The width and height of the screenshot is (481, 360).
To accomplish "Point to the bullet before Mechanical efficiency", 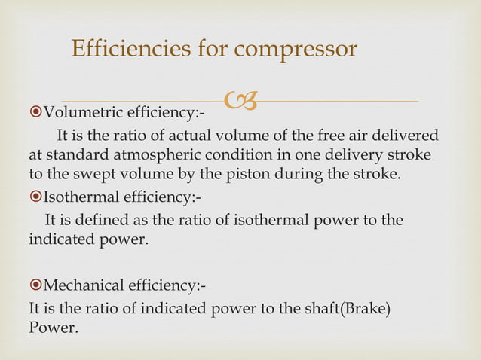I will coord(35,286).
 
